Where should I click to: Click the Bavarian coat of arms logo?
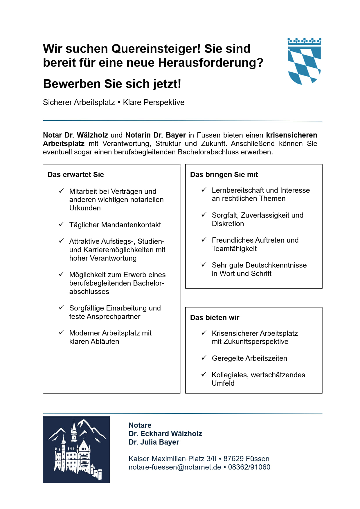point(304,61)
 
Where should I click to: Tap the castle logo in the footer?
point(76,449)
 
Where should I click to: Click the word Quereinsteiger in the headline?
point(156,49)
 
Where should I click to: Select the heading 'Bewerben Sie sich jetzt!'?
point(112,84)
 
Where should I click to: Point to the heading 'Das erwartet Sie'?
point(76,174)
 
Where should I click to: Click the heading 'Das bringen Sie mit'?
point(224,174)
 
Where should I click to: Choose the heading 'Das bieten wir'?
point(215,317)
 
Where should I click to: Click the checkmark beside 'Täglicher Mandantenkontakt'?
point(61,224)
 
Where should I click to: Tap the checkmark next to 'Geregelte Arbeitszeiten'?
point(204,358)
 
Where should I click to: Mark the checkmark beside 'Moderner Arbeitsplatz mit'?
point(61,333)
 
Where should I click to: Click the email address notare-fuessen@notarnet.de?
point(175,467)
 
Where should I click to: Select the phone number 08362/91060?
point(249,467)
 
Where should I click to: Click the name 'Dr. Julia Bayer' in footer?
point(154,442)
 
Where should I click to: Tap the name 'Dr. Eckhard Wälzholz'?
point(165,434)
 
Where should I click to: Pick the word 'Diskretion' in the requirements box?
point(228,223)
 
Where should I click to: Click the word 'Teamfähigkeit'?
point(234,248)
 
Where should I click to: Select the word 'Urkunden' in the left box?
point(85,208)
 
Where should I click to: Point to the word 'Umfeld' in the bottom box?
point(223,383)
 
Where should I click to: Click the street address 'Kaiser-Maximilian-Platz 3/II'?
point(172,459)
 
